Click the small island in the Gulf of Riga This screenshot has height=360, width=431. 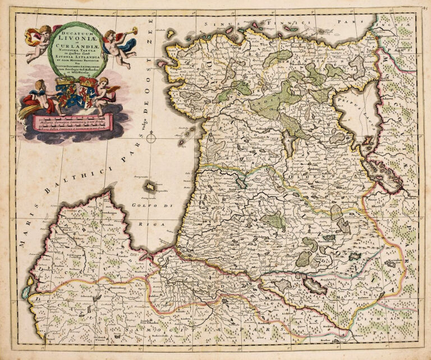150,187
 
